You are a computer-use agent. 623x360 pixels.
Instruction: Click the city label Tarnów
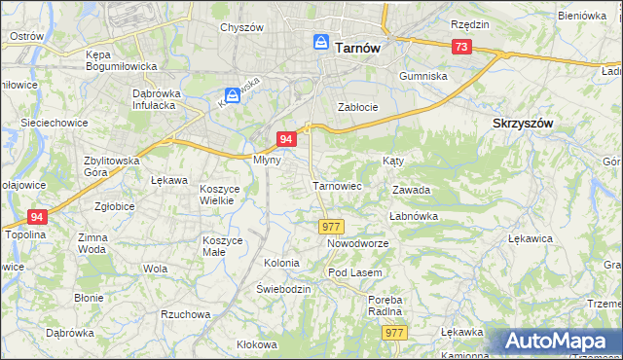pos(356,46)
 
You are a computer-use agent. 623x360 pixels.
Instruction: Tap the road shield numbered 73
pos(461,47)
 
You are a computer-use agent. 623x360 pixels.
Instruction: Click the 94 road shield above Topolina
pos(37,217)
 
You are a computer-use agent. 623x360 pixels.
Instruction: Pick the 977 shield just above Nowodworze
pos(330,226)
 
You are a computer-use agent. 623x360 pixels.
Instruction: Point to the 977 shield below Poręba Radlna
pos(394,333)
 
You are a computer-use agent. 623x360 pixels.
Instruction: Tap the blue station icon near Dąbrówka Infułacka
pos(233,95)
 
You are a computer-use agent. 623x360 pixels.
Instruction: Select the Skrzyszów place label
pos(523,124)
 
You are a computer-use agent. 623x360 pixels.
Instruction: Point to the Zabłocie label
pos(356,107)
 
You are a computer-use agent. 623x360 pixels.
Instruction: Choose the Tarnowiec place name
pos(337,185)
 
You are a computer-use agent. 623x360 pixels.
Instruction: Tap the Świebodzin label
pos(283,290)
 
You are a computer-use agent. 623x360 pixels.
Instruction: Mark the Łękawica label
pos(531,237)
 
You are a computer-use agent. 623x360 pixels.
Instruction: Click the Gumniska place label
pos(423,75)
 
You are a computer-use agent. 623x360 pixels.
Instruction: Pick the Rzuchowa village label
pos(186,314)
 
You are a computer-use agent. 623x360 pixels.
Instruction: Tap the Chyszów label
pos(242,27)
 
